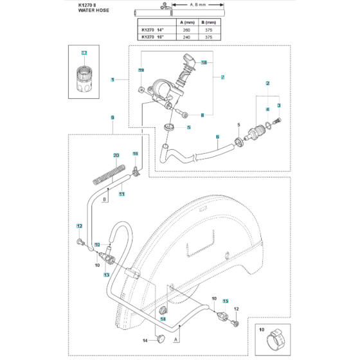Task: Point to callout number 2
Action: click(267, 84)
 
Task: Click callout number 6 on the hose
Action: click(217, 137)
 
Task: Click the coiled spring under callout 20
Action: click(110, 174)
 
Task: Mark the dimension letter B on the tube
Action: click(104, 199)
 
